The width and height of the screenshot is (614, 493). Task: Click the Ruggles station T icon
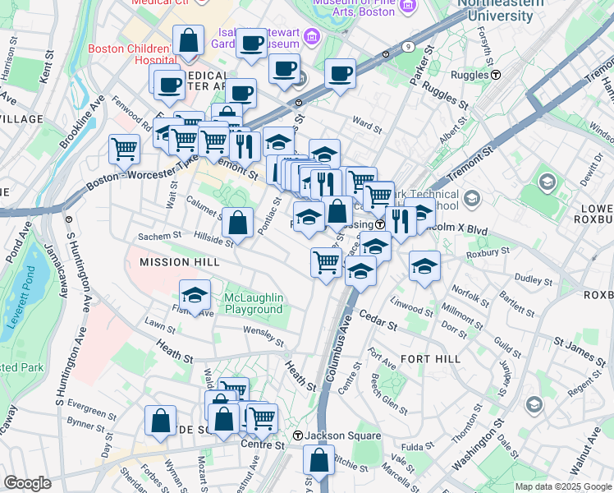click(x=497, y=74)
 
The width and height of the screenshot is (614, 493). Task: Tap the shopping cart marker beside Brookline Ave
click(x=124, y=149)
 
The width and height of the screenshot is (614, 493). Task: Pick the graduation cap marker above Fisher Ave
click(x=195, y=295)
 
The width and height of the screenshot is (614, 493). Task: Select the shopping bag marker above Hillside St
click(x=237, y=222)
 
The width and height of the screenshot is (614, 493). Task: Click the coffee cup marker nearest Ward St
click(x=339, y=74)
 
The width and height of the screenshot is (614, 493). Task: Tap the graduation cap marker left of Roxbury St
click(x=424, y=266)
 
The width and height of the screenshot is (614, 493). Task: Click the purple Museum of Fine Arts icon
click(x=311, y=36)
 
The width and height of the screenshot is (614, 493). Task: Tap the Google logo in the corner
click(x=27, y=482)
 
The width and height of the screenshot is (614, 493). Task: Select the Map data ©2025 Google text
click(x=562, y=486)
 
